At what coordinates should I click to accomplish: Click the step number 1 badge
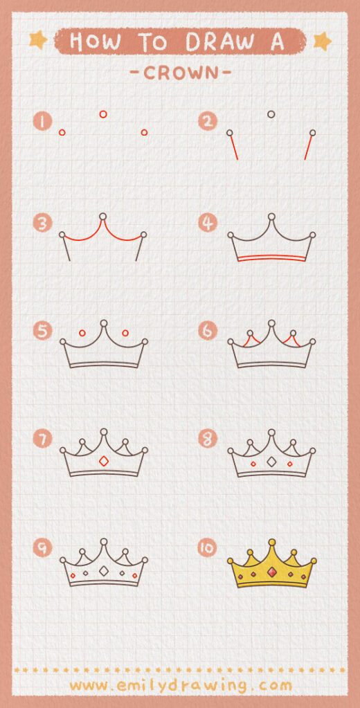pos(42,122)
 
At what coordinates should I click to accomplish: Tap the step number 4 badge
pos(207,223)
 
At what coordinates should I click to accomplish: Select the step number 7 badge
pos(42,439)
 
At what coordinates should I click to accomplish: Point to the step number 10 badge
pos(207,548)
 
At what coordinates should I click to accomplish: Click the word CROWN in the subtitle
pos(179,71)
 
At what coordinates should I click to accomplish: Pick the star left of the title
pos(38,40)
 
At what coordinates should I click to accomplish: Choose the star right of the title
pos(322,42)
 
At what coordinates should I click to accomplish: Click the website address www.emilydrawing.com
pos(180,685)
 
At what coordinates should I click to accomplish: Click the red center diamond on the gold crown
pos(272,571)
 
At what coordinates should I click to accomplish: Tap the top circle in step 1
pos(103,114)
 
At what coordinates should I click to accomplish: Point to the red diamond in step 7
pos(104,461)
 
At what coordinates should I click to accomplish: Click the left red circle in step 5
pos(82,333)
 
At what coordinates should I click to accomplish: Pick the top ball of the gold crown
pos(272,542)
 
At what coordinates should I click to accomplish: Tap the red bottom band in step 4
pos(271,258)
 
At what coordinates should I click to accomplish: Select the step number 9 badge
pos(42,548)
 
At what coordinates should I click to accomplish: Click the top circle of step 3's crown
pos(103,217)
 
